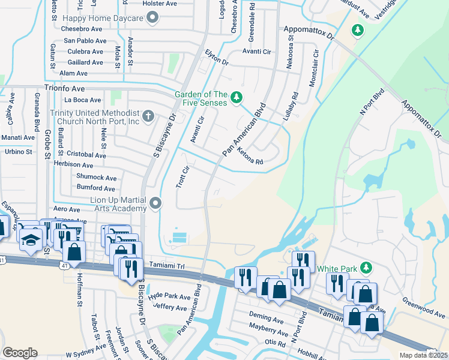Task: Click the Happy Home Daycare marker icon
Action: click(152, 18)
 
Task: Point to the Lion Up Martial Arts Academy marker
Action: click(156, 204)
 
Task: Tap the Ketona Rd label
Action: click(250, 156)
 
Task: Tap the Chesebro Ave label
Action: click(82, 29)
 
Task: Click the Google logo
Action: click(20, 352)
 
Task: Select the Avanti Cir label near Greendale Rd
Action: click(256, 52)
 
